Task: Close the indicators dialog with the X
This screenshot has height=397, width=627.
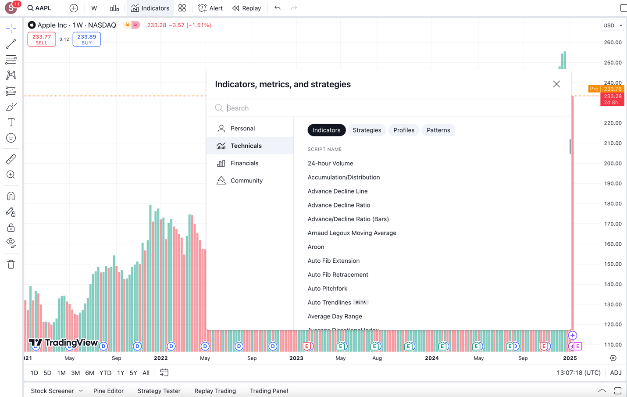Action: [x=556, y=84]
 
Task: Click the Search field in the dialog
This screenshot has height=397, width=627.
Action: [x=395, y=108]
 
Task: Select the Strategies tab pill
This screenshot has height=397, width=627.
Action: [x=367, y=130]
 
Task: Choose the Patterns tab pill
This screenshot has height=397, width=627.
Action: [x=438, y=130]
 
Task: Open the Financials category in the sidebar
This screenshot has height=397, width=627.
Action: [x=244, y=163]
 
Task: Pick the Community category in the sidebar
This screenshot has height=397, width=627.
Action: [x=246, y=181]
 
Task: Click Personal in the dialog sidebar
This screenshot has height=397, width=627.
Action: [x=242, y=129]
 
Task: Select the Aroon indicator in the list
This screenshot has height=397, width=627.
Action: [x=316, y=247]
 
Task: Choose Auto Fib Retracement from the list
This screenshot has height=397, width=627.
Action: [x=338, y=275]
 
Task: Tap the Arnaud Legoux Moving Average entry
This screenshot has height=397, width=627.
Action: [x=352, y=233]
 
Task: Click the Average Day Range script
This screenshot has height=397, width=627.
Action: [x=335, y=316]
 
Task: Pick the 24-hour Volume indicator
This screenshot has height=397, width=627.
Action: [x=330, y=164]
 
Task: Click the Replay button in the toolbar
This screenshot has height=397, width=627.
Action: [x=246, y=8]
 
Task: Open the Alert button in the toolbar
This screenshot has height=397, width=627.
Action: [x=210, y=8]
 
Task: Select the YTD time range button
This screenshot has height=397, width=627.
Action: [x=105, y=373]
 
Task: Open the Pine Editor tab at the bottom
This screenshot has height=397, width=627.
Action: [x=108, y=391]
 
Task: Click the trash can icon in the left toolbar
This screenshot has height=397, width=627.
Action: [x=11, y=265]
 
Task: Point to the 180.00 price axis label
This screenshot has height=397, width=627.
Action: [x=613, y=204]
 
